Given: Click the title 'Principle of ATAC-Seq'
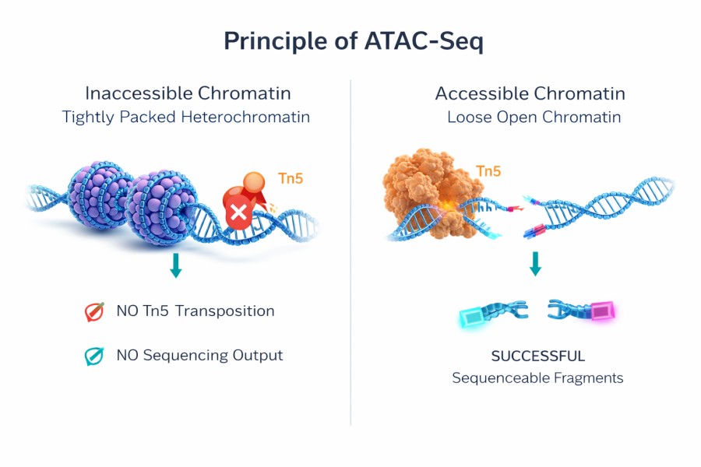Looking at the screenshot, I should point(353,40).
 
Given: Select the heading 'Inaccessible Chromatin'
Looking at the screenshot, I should point(188,93).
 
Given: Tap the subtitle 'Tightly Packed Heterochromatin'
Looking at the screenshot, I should point(186,118).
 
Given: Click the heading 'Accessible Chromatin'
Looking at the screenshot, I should point(530,93).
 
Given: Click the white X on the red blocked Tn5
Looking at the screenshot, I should point(237,212).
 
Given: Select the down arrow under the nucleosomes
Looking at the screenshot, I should point(176,265).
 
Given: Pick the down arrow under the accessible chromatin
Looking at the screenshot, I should point(535,265).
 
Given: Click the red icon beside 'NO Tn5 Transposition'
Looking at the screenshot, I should point(94,311).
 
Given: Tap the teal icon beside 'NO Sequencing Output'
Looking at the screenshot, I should point(94,356).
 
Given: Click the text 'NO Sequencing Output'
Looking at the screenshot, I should point(199,356).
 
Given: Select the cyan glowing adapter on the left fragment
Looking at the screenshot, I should point(471,317).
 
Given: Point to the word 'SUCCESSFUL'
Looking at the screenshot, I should point(537,356).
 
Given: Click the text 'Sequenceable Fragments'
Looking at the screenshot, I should point(537,378).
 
